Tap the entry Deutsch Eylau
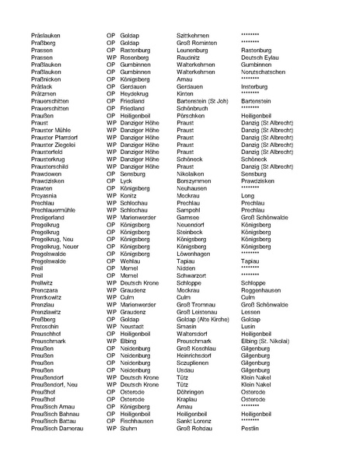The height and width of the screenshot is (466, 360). point(260,57)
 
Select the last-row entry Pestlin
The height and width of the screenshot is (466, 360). point(250,427)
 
